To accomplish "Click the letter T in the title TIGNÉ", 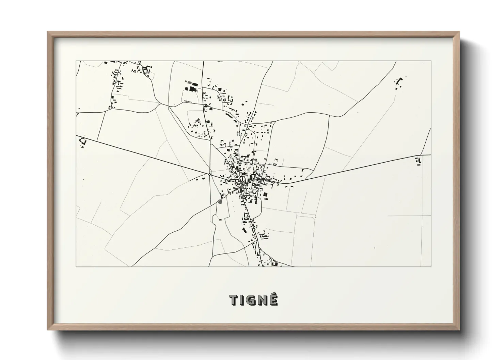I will click(234, 300).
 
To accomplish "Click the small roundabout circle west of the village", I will click(209, 174).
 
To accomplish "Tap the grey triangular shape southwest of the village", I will click(220, 201).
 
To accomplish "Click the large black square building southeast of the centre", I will click(265, 195).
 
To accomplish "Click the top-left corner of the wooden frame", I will click(48, 32).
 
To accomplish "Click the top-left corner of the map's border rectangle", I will click(76, 61).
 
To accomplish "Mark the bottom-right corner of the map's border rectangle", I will click(431, 266).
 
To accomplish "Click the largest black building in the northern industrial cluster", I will click(193, 89).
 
